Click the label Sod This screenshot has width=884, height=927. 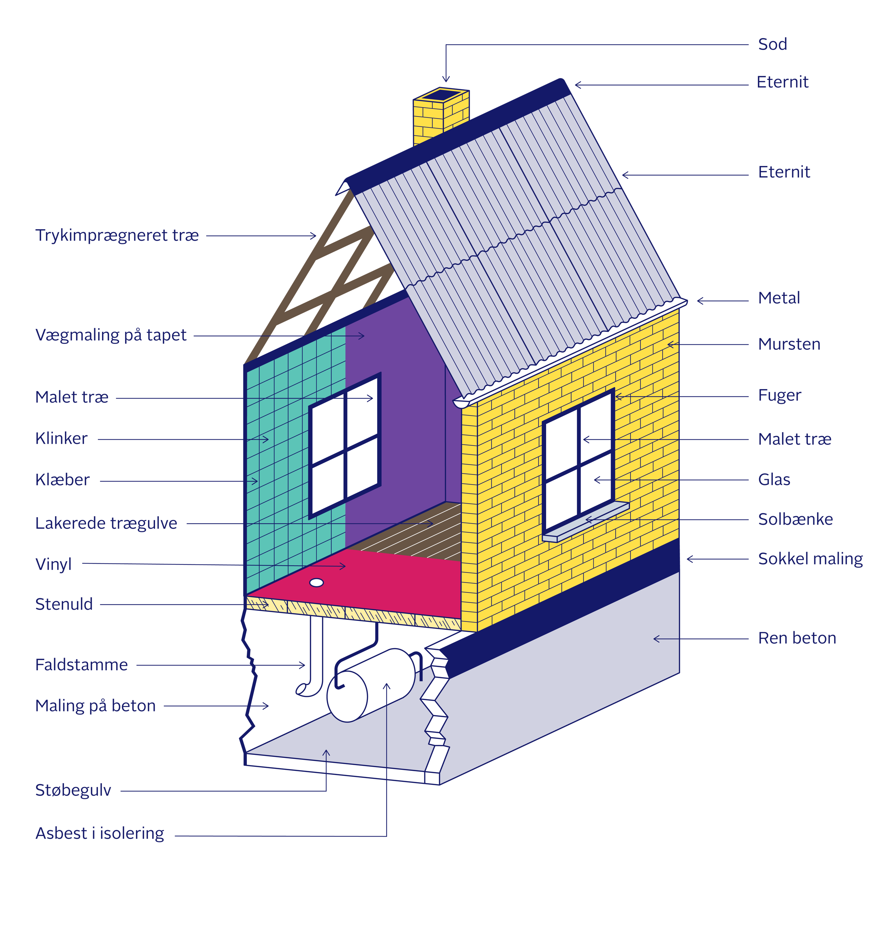click(772, 44)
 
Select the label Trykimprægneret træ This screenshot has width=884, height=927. click(117, 235)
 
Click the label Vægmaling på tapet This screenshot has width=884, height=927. click(111, 335)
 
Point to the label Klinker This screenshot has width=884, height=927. click(61, 439)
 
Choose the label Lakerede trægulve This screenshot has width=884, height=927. click(106, 523)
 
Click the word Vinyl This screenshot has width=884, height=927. click(53, 563)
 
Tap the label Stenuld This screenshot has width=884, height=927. click(64, 604)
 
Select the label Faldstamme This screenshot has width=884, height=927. click(81, 664)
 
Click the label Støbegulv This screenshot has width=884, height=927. click(73, 790)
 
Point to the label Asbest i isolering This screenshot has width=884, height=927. click(99, 833)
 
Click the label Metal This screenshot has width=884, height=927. click(779, 298)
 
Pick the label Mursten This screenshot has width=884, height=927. click(789, 344)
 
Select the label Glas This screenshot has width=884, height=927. click(774, 479)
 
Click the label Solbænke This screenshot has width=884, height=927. click(795, 519)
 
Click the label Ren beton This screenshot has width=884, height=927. click(796, 638)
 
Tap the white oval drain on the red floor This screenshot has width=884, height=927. click(317, 583)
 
